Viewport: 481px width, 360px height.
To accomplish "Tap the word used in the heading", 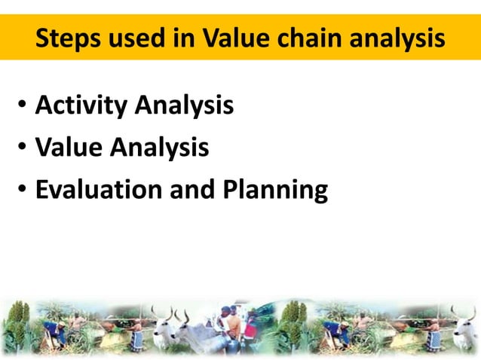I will coord(139,38).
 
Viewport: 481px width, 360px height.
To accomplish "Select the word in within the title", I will coord(185,38).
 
